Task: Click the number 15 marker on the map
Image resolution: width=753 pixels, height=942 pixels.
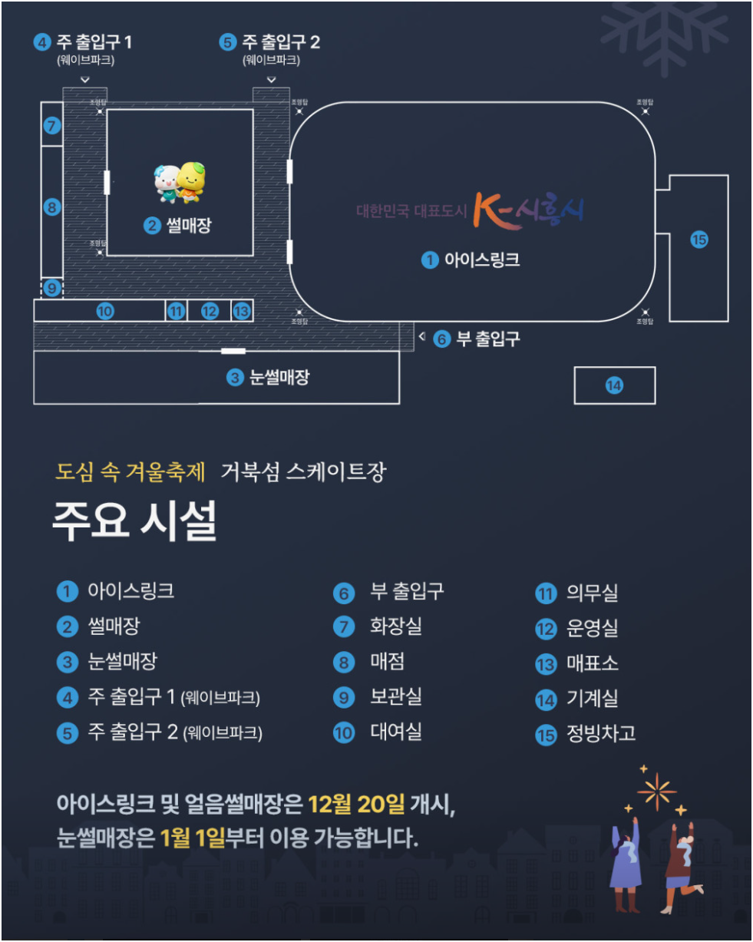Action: [x=699, y=240]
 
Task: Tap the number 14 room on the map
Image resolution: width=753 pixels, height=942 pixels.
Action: [x=614, y=385]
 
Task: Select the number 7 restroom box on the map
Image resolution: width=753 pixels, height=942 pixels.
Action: [x=51, y=125]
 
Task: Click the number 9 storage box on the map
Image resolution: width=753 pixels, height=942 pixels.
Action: [x=51, y=288]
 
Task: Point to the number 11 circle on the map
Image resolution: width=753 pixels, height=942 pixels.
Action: [x=177, y=311]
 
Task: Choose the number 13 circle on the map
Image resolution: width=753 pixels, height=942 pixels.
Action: [x=242, y=311]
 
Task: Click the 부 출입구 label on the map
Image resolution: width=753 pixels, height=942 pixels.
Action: [x=487, y=338]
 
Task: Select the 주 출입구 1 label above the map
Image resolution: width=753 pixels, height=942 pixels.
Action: [x=94, y=42]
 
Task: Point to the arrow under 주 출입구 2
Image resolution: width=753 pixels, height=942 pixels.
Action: [x=271, y=80]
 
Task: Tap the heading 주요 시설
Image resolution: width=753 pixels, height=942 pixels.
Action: [x=134, y=522]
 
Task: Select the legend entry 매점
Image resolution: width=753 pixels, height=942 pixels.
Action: [x=387, y=662]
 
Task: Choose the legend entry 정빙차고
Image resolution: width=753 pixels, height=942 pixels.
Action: [x=600, y=733]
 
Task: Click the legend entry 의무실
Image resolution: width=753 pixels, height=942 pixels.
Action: [x=592, y=593]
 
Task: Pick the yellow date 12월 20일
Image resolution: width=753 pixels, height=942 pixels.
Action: [x=355, y=805]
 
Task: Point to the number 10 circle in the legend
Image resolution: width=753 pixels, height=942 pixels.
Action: [x=344, y=733]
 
